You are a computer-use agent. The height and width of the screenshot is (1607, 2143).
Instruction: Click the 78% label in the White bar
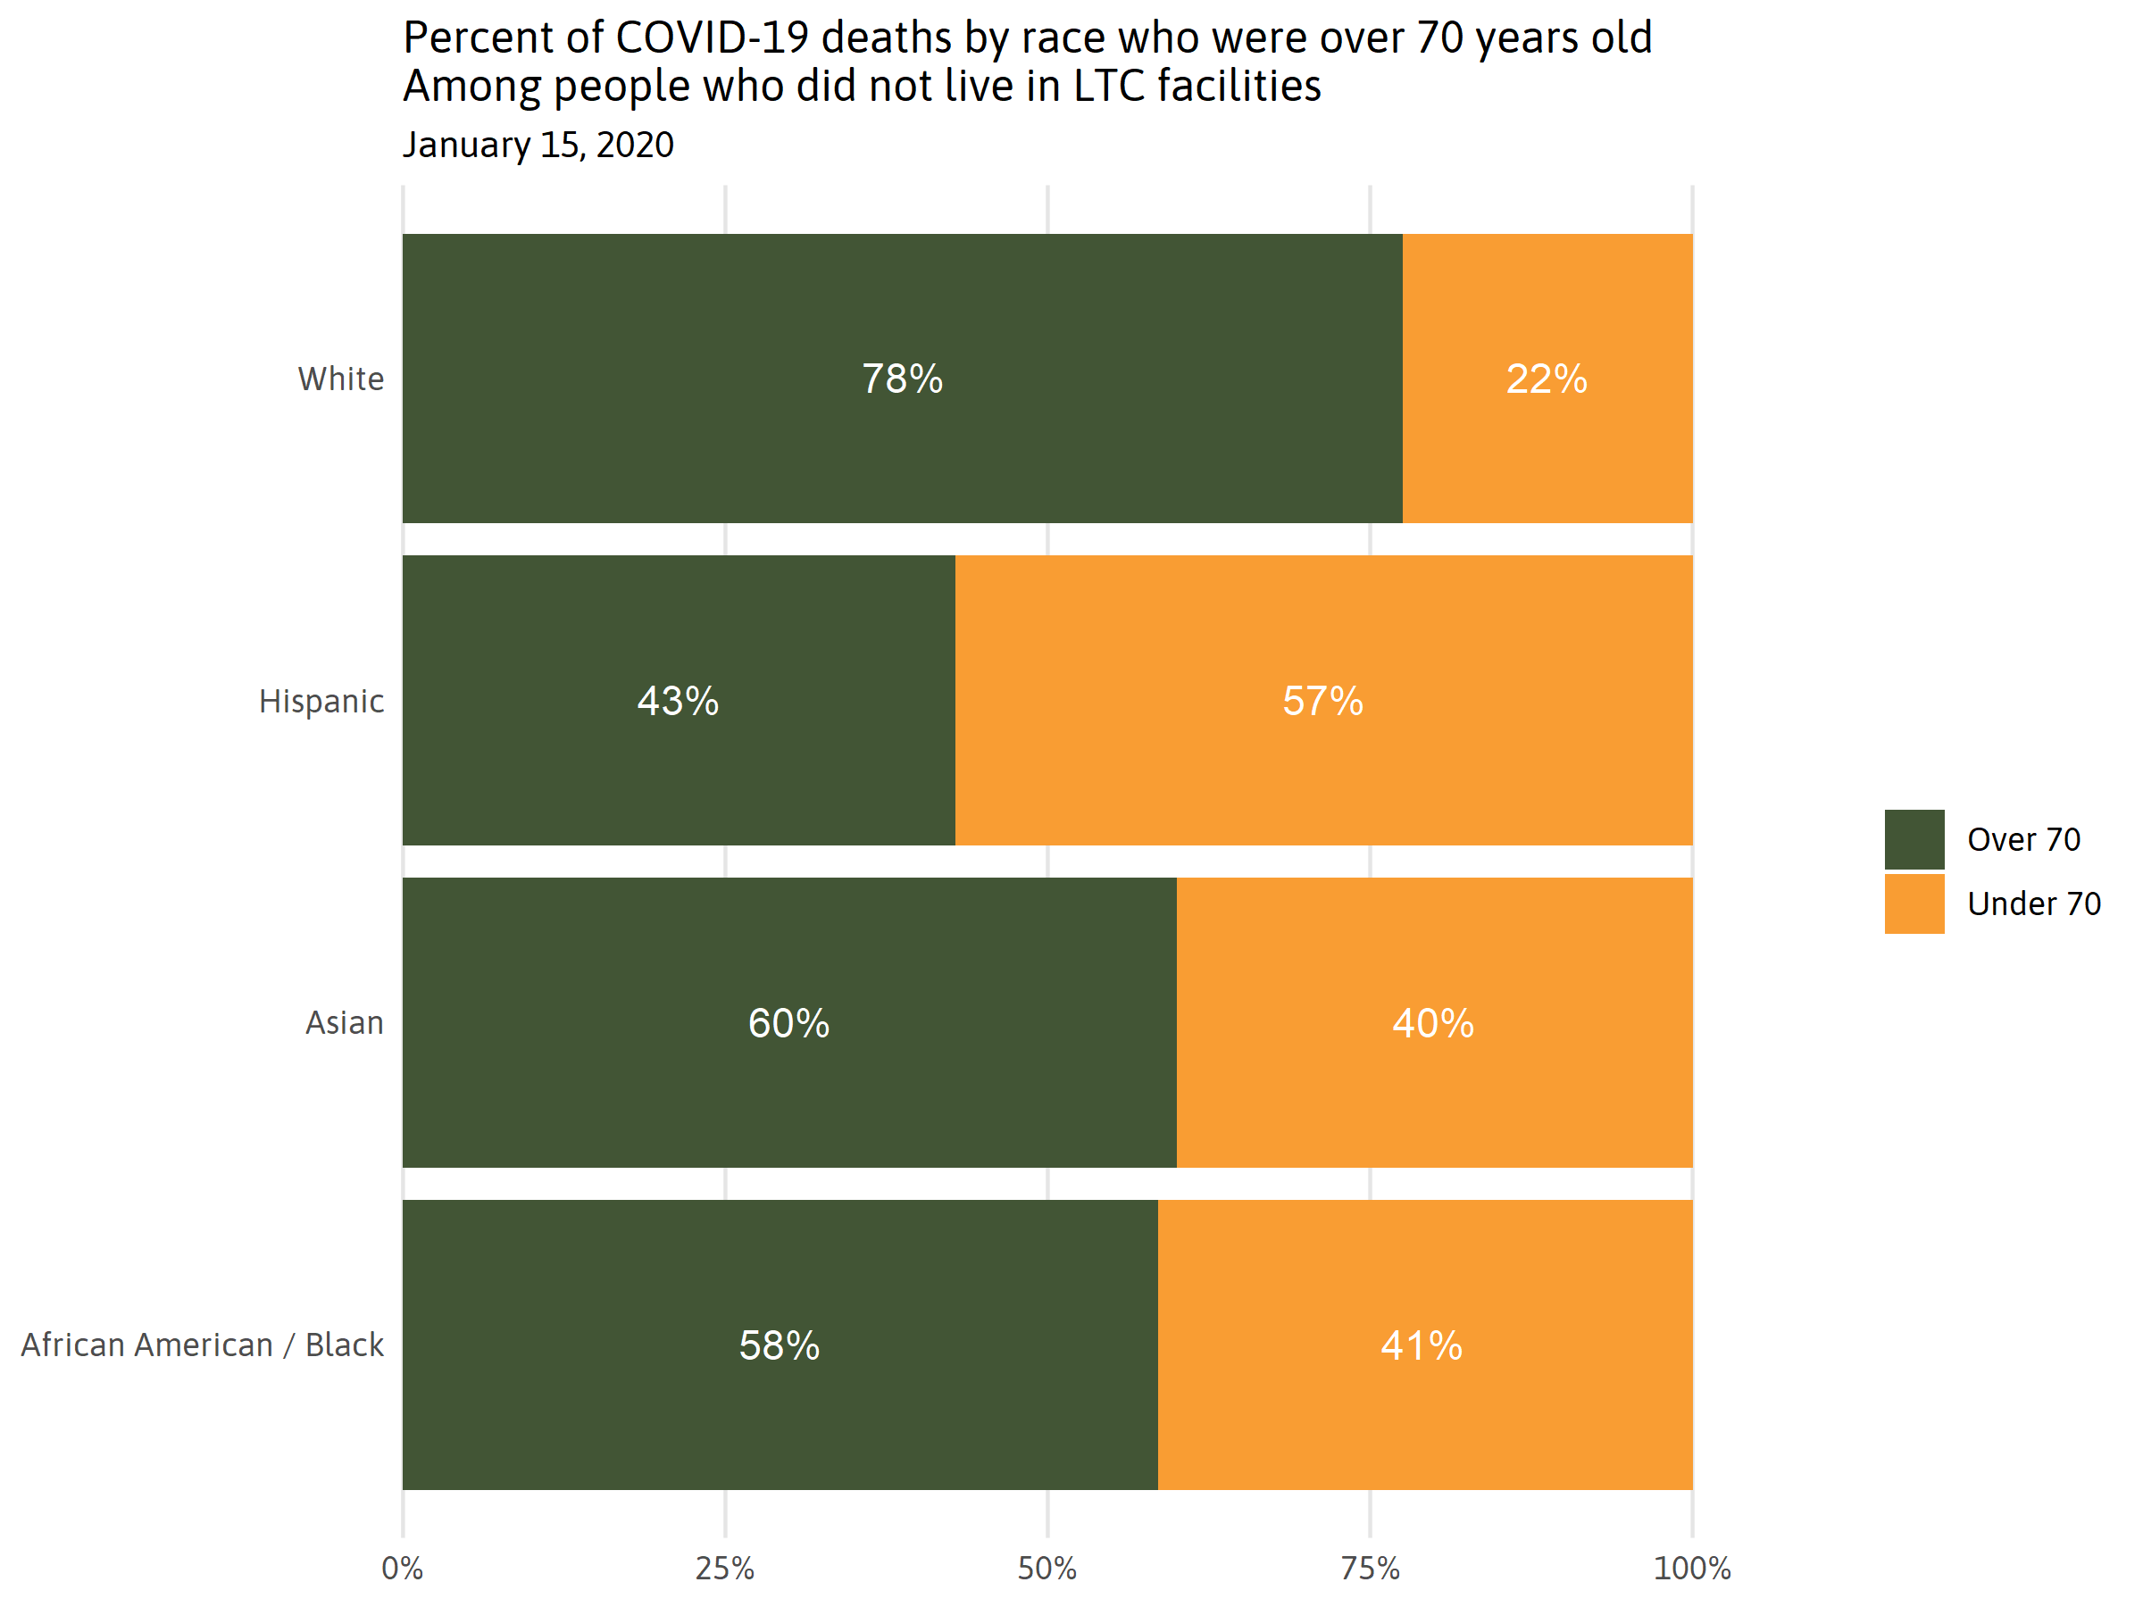coord(902,379)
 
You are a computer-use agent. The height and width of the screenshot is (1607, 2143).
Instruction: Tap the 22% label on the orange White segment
coord(1547,379)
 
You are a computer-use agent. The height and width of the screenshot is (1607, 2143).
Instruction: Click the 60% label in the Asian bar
coord(788,1024)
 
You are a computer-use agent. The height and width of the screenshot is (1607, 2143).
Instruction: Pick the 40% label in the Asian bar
coord(1433,1024)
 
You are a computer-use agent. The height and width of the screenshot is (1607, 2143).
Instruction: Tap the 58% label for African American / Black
coord(779,1346)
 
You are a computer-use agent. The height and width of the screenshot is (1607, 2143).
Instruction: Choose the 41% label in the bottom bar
coord(1422,1346)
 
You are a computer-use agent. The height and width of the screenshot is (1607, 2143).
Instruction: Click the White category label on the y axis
coord(341,379)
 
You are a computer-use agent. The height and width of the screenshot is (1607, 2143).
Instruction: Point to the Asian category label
coord(345,1023)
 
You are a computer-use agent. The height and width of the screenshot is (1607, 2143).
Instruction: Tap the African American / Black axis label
coord(203,1345)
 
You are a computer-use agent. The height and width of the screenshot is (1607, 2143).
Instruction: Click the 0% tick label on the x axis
coord(402,1569)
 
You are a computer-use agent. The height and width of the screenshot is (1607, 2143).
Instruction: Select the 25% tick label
coord(725,1569)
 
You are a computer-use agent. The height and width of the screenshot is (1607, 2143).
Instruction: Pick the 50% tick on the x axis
coord(1047,1569)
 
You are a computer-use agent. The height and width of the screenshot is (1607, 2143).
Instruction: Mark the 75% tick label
coord(1370,1569)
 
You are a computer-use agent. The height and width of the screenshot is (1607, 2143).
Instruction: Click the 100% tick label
coord(1691,1569)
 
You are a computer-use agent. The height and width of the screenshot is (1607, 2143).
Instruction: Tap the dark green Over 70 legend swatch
coord(1914,840)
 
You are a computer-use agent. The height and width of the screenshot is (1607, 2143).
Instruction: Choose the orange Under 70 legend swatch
coord(1914,903)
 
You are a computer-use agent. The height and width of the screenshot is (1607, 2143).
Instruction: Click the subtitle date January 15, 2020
coord(538,146)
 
